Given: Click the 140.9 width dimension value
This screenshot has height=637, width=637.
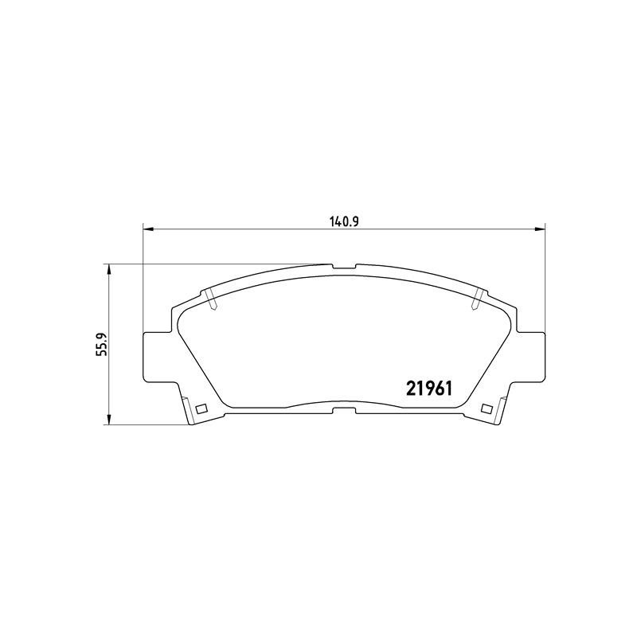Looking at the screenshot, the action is [343, 221].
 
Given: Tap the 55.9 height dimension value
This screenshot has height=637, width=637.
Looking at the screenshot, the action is [100, 344].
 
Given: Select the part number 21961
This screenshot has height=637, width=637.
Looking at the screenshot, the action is [429, 389].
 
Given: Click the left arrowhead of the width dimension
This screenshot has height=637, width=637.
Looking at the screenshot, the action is [149, 230].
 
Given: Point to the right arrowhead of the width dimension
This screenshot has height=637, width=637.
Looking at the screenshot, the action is [540, 230].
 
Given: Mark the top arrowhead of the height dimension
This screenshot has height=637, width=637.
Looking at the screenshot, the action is [108, 269].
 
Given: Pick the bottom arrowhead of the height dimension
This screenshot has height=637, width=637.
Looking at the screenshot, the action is [108, 420].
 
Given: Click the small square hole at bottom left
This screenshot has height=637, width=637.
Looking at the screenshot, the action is [201, 408].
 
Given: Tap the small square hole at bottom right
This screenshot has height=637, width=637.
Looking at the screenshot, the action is [487, 408].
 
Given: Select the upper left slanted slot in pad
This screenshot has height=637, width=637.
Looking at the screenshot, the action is [210, 300].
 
